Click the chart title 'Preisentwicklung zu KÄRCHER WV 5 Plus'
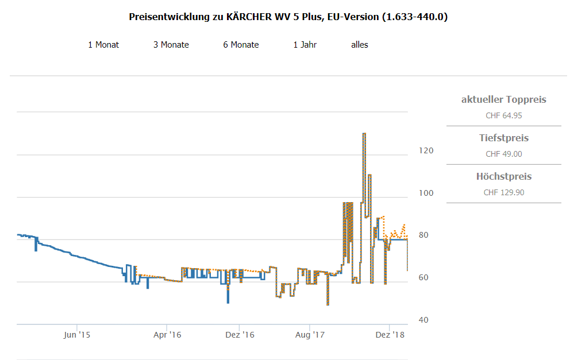(x=288, y=17)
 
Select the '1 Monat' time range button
(x=103, y=45)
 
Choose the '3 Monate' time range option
(x=171, y=45)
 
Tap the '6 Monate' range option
(x=241, y=45)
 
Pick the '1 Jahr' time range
(x=305, y=45)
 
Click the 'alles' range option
(x=360, y=45)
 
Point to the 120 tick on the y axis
(x=426, y=150)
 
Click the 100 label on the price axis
(x=426, y=193)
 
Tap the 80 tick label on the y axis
(x=423, y=235)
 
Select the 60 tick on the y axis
(x=423, y=278)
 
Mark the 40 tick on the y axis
(x=423, y=320)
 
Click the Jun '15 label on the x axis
(x=77, y=335)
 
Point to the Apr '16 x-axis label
(x=168, y=335)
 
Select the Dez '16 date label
(x=240, y=335)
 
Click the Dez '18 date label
(x=390, y=335)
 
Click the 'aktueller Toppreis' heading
(x=503, y=100)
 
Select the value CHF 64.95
(x=503, y=115)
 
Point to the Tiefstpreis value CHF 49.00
(x=503, y=154)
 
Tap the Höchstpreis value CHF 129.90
(x=503, y=192)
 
